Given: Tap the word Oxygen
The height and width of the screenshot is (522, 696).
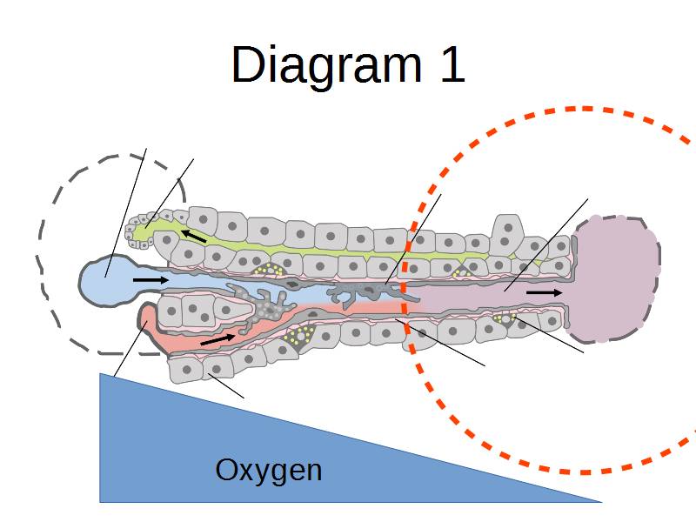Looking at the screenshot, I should (268, 471).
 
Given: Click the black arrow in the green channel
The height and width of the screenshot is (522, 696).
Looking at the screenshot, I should (194, 235).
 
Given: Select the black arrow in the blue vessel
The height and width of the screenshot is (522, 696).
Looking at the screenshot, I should (151, 280).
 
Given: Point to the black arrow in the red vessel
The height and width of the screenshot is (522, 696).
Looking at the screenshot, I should (217, 338).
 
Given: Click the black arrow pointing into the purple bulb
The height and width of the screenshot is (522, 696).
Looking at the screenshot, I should (544, 293).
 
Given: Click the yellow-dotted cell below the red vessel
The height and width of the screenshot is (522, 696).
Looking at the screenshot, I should (300, 334).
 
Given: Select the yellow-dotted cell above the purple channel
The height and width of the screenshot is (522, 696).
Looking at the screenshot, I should (461, 272).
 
